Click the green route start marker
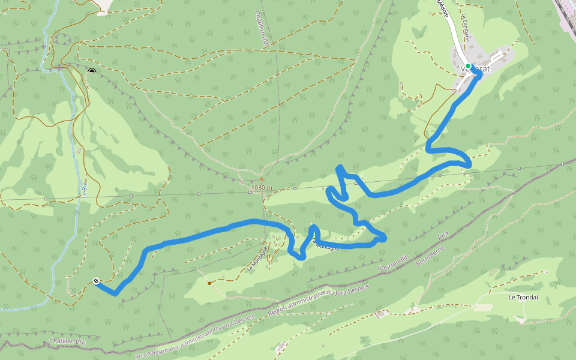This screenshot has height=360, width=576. [x=468, y=66]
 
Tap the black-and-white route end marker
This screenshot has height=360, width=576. [x=96, y=280]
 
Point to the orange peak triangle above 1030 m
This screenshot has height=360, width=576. [x=261, y=178]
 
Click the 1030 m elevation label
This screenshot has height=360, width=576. [x=262, y=188]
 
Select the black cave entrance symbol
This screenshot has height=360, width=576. [x=91, y=72]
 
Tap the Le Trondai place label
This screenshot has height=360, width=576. [x=521, y=297]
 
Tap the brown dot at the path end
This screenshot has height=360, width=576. [x=209, y=283]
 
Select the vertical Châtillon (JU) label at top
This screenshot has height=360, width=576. [x=262, y=27]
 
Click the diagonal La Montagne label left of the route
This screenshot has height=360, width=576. [x=257, y=259]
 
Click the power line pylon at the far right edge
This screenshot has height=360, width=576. [x=563, y=163]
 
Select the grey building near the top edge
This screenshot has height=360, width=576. [x=103, y=6]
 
